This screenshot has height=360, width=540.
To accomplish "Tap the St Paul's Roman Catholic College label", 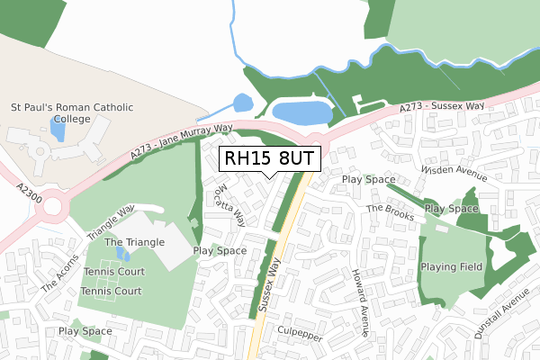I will coord(72,113).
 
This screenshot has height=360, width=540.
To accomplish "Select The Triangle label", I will coord(134,242).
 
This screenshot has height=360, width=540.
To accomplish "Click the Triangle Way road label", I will coord(111,220).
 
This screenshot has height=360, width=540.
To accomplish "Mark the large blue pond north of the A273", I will coord(301,113).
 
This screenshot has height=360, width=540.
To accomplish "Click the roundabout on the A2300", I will coord(51,207).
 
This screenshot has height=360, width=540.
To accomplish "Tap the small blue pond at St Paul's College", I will coord(58,130).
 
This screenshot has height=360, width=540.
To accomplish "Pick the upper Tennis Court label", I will coord(113,272).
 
